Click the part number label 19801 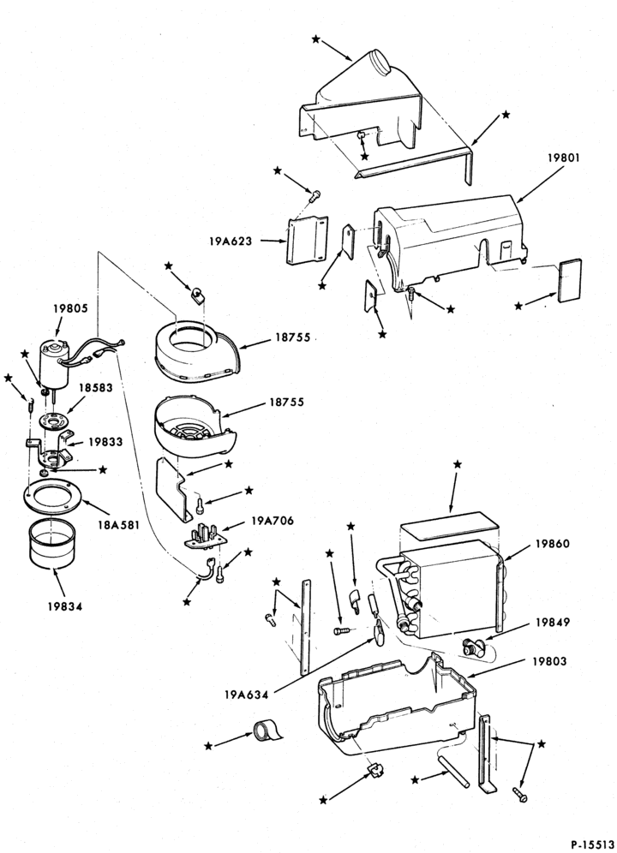click(x=564, y=158)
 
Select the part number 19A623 click(x=231, y=241)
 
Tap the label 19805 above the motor click(x=71, y=308)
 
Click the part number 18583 click(x=95, y=388)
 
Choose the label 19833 click(x=105, y=442)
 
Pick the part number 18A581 click(x=120, y=526)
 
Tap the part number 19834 click(x=64, y=606)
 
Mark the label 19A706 click(x=273, y=521)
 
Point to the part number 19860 click(x=552, y=544)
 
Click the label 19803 click(x=550, y=661)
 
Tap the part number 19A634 click(x=246, y=695)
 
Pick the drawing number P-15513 click(x=592, y=844)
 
